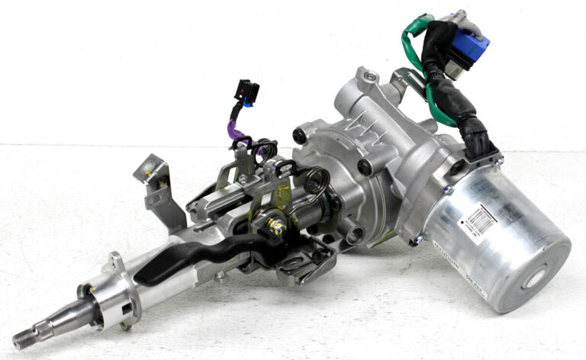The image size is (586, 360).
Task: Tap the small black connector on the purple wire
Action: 247,92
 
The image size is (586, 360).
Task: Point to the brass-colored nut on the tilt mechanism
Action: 276,226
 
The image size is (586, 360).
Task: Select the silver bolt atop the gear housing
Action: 370,76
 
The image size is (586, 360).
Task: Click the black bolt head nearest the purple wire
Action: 300,136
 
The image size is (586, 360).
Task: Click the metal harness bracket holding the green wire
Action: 409,85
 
